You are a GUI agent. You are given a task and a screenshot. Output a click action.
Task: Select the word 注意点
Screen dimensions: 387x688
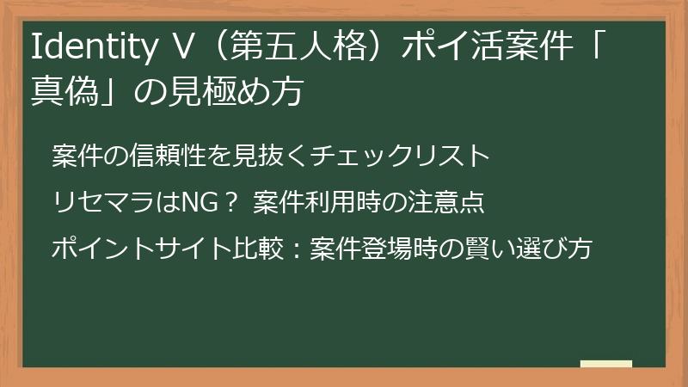click(453, 202)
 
